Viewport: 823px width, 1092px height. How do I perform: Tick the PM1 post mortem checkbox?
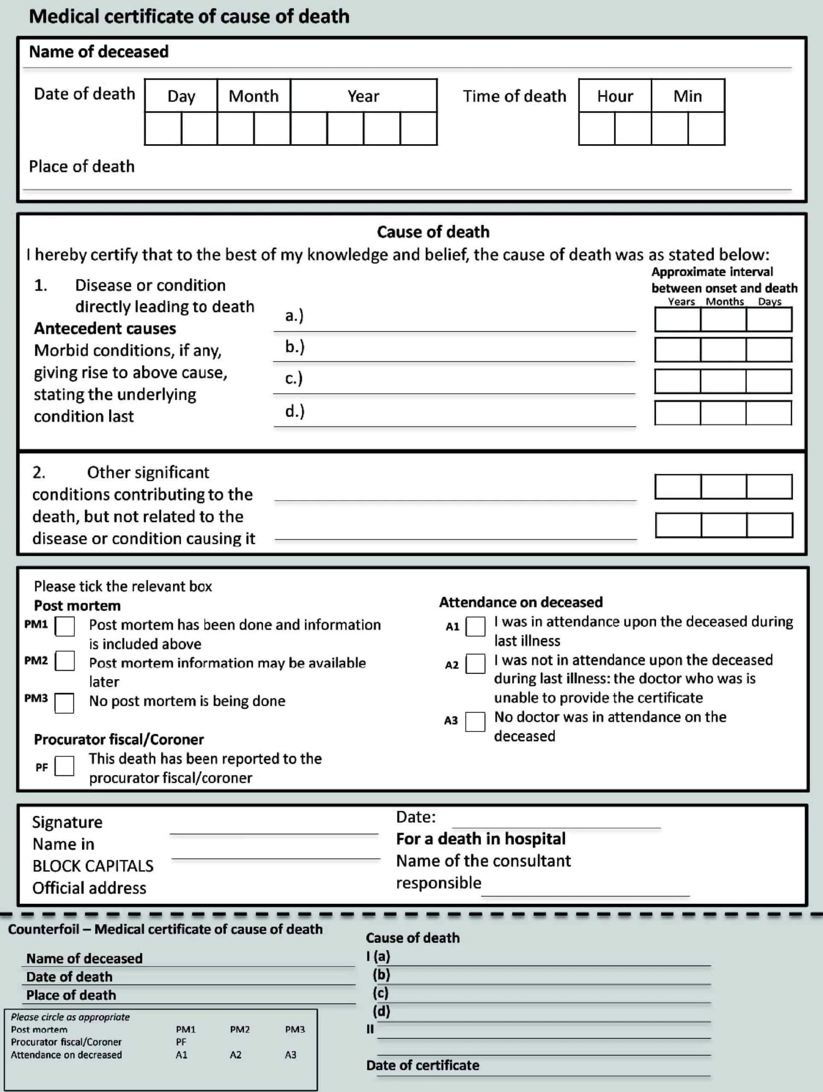(x=65, y=626)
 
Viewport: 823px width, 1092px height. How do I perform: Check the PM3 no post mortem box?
(x=64, y=703)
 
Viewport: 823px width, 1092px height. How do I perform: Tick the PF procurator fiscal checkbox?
(x=64, y=766)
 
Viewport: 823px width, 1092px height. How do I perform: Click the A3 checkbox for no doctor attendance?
(x=475, y=722)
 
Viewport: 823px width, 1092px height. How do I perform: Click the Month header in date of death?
(x=254, y=96)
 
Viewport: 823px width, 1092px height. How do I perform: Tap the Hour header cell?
(x=615, y=96)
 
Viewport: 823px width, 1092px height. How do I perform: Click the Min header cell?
(x=687, y=96)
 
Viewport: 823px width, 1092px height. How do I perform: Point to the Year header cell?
(x=363, y=96)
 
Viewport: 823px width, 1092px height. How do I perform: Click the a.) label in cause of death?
(x=294, y=316)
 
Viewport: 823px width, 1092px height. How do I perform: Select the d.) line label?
(x=295, y=411)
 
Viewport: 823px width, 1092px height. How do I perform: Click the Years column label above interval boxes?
(x=681, y=302)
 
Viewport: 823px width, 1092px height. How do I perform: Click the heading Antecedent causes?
(x=105, y=328)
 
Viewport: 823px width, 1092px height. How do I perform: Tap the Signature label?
(x=67, y=822)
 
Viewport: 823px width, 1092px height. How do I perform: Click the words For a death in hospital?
(x=481, y=839)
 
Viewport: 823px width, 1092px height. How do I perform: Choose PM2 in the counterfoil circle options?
(x=239, y=1029)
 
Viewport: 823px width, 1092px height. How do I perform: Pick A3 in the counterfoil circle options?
(x=290, y=1055)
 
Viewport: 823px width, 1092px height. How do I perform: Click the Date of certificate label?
(x=422, y=1066)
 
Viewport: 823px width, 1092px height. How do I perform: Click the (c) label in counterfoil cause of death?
(x=381, y=992)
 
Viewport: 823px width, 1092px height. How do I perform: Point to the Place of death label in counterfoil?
(x=71, y=995)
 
